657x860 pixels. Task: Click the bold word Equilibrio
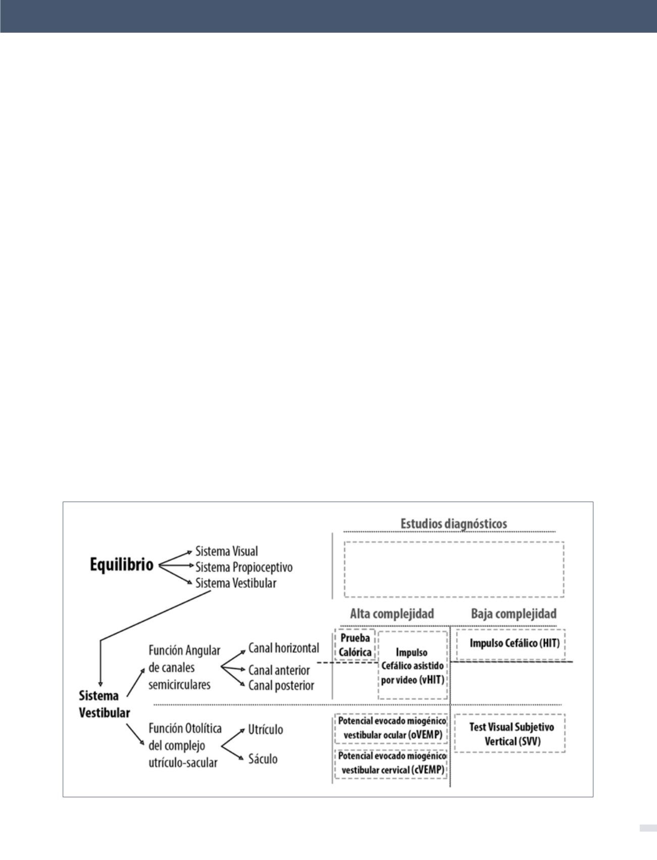pyautogui.click(x=122, y=565)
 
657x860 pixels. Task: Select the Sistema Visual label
pyautogui.click(x=226, y=550)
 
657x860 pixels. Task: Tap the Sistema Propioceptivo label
pyautogui.click(x=244, y=567)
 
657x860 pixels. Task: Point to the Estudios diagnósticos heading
pyautogui.click(x=453, y=523)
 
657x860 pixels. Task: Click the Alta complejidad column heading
pyautogui.click(x=392, y=614)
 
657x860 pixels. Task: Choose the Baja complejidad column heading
pyautogui.click(x=514, y=614)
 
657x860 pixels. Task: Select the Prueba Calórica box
pyautogui.click(x=355, y=645)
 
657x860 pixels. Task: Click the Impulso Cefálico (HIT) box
pyautogui.click(x=511, y=644)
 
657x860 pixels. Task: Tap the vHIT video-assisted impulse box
pyautogui.click(x=413, y=666)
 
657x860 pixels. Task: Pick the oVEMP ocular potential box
pyautogui.click(x=391, y=728)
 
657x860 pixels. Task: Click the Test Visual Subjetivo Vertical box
pyautogui.click(x=510, y=734)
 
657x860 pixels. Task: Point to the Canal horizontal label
pyautogui.click(x=283, y=647)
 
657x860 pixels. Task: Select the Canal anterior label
pyautogui.click(x=279, y=670)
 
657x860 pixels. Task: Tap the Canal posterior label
pyautogui.click(x=281, y=685)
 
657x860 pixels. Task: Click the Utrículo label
pyautogui.click(x=265, y=729)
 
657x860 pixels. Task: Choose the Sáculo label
pyautogui.click(x=263, y=759)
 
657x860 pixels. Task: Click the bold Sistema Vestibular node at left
pyautogui.click(x=104, y=704)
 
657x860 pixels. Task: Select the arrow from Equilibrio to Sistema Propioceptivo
pyautogui.click(x=177, y=566)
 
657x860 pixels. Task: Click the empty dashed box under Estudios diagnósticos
pyautogui.click(x=453, y=569)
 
